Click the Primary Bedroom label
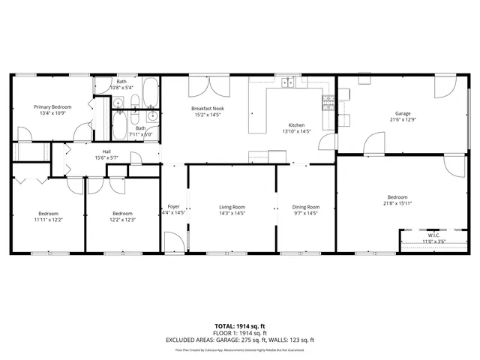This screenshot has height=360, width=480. [52, 106]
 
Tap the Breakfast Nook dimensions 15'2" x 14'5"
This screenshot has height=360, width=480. [208, 115]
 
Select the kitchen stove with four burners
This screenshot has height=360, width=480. [328, 104]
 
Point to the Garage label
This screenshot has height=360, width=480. [403, 112]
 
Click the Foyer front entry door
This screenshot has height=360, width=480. [172, 241]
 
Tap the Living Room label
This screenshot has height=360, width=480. [232, 207]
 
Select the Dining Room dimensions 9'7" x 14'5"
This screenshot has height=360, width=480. [305, 214]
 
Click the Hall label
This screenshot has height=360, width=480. [107, 151]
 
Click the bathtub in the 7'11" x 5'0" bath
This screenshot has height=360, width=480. [119, 124]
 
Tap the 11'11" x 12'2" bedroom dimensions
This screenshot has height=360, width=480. [49, 220]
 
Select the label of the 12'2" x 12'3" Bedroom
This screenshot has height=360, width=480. [122, 213]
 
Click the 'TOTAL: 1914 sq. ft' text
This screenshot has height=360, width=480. [240, 325]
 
